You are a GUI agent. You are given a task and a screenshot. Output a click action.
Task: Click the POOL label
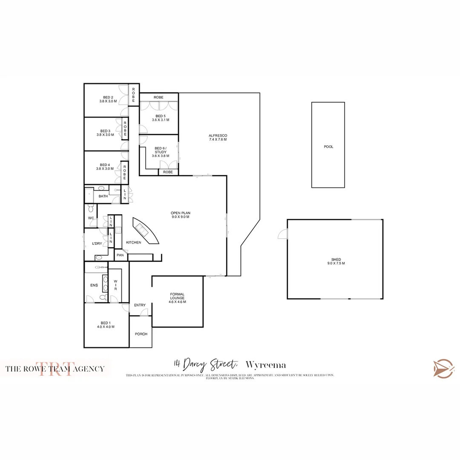coord(328,147)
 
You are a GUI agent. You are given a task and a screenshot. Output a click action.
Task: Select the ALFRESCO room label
coord(218,137)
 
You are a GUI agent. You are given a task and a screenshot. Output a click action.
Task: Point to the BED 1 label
coord(106,325)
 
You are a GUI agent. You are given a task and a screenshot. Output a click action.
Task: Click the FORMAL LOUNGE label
coord(177,298)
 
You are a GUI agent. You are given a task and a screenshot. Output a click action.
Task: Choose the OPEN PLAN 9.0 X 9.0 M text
coord(179,215)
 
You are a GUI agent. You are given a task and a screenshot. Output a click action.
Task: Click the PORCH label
coord(141,334)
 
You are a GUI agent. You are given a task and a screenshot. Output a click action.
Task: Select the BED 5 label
coord(161,118)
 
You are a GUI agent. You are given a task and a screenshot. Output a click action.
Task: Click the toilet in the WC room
coord(90,209)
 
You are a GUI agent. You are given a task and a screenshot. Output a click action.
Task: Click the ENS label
coord(94,285)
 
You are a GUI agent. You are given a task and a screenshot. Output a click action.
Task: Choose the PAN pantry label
coord(120,255)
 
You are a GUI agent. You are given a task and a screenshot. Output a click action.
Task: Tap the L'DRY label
coord(97,244)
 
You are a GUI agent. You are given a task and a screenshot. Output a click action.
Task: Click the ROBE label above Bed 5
coord(158,98)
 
